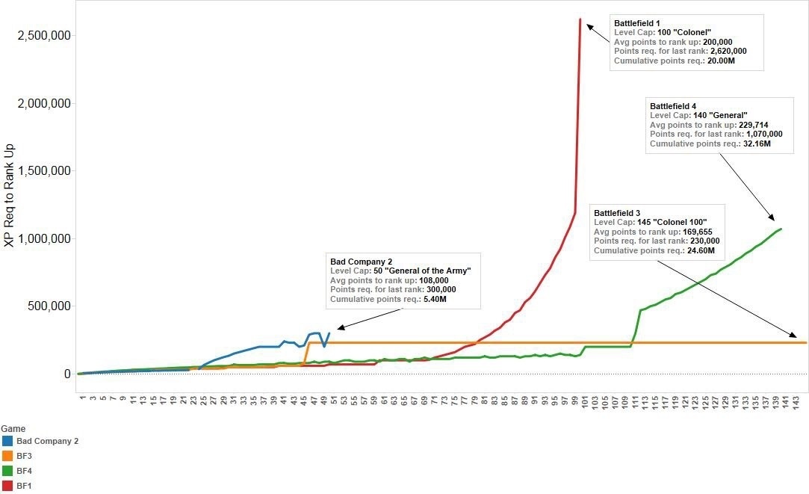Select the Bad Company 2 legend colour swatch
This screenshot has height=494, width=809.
pos(7,441)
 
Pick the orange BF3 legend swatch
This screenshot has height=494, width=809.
pos(7,456)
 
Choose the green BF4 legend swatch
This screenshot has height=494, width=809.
pos(7,471)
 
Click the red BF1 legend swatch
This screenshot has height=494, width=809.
pos(7,486)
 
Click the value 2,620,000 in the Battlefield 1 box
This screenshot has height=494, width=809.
pos(719,51)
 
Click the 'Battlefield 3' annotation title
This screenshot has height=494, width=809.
pos(619,214)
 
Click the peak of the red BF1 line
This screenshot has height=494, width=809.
pos(580,19)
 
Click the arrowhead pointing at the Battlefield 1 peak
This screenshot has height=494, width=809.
pos(589,26)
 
